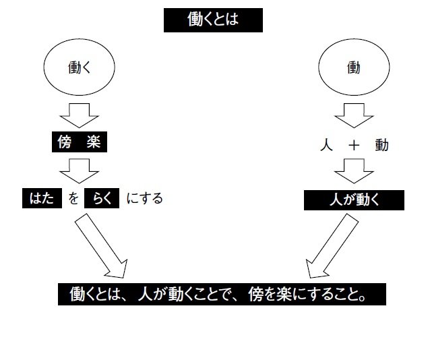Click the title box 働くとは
click(x=212, y=20)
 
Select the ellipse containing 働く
click(x=79, y=69)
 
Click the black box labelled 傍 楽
click(x=79, y=143)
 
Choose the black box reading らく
click(x=102, y=199)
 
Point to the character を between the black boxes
click(x=73, y=199)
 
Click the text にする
click(x=144, y=199)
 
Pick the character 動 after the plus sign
click(x=382, y=145)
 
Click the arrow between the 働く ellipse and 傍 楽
click(x=79, y=116)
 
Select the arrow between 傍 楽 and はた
click(x=79, y=171)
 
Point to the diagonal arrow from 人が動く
click(x=328, y=246)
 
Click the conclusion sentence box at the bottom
click(x=222, y=295)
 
